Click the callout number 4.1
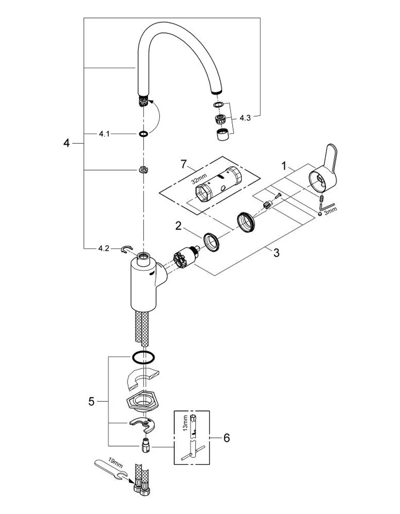point(104,134)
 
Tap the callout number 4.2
point(104,248)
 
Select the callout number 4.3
point(245,118)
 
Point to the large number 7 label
point(184,165)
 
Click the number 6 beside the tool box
point(227,438)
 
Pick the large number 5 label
point(92,401)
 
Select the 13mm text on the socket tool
point(185,423)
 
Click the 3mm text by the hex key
point(330,210)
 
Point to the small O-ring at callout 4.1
point(144,134)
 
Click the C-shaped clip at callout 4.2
point(127,249)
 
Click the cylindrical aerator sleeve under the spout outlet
point(223,135)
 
